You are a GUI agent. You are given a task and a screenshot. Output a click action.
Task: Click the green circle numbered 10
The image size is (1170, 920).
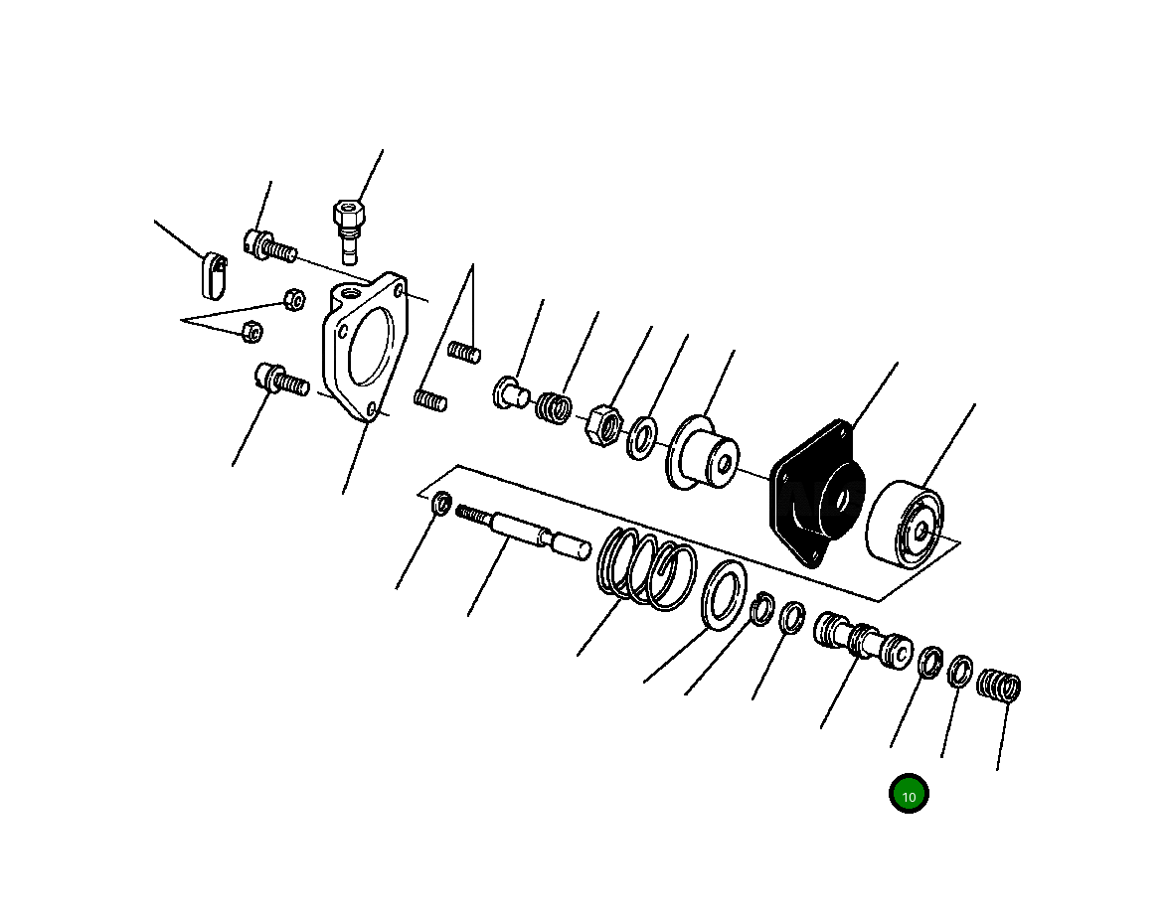pos(908,795)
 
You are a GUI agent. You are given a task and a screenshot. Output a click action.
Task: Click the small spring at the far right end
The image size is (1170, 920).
pos(999,685)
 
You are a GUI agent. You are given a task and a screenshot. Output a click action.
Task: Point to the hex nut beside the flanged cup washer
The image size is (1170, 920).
pos(603,424)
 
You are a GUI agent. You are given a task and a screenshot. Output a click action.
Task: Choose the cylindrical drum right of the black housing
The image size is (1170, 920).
pos(905,524)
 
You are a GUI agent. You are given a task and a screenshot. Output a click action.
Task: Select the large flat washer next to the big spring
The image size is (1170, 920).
pos(725,594)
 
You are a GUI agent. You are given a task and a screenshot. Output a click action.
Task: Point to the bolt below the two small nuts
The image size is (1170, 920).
pos(281,379)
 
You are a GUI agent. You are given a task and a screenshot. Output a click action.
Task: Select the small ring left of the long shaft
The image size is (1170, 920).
pos(441,505)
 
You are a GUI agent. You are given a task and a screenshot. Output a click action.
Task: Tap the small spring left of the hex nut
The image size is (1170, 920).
pos(554,407)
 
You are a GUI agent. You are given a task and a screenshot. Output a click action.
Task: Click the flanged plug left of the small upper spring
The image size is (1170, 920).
pos(510,393)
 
